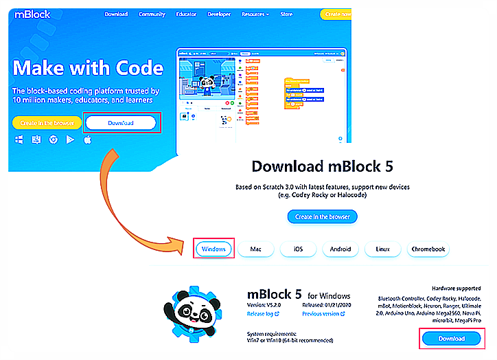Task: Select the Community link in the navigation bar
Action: pos(151,14)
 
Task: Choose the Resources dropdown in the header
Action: pos(256,14)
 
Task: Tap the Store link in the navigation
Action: pos(286,14)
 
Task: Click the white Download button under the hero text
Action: pos(121,124)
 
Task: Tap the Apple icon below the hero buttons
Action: pos(88,139)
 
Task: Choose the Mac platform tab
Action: pos(256,249)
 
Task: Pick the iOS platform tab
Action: pos(298,249)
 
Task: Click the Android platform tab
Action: pos(340,249)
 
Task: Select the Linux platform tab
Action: pos(382,249)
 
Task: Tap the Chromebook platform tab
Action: pos(428,249)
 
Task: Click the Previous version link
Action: pos(321,313)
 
